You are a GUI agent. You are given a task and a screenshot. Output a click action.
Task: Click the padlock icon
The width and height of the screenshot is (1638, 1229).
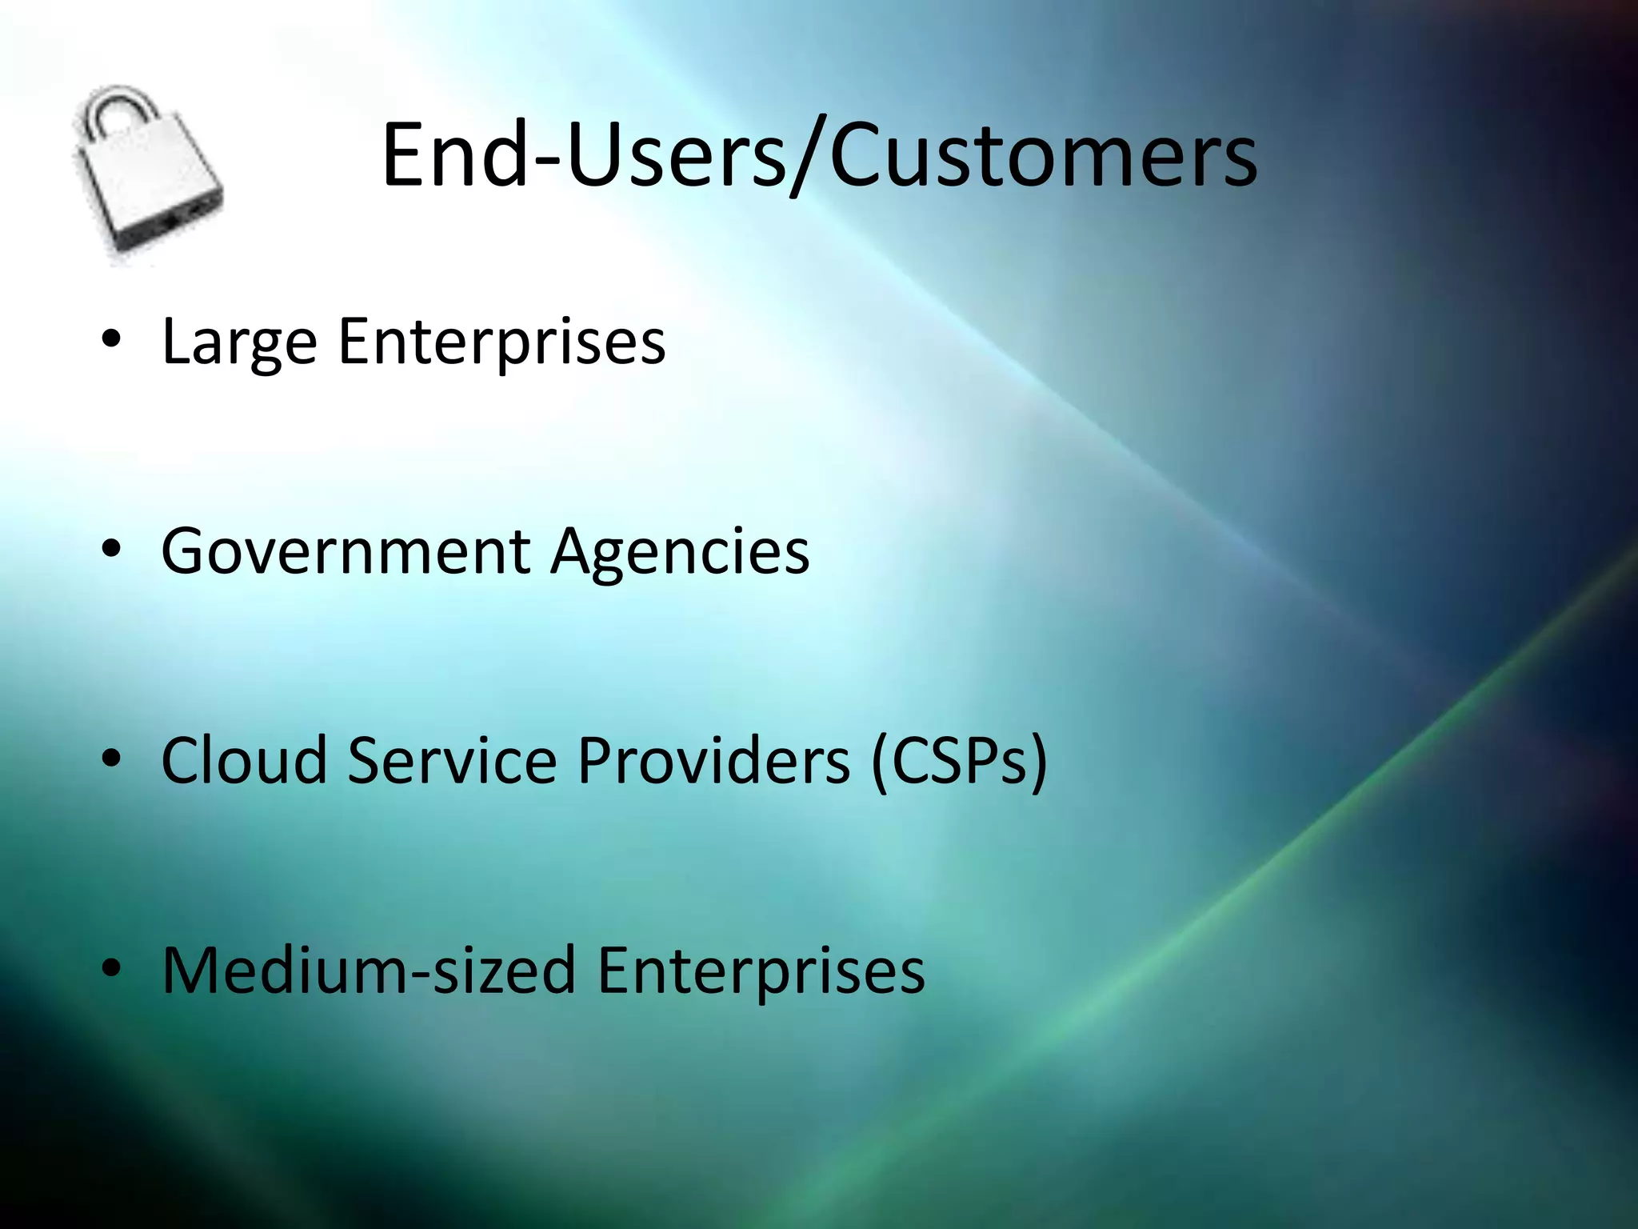pyautogui.click(x=148, y=176)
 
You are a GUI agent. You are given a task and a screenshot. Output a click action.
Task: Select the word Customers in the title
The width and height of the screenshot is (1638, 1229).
pyautogui.click(x=1044, y=155)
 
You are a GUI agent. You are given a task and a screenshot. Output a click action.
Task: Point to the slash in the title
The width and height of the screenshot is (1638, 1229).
pyautogui.click(x=808, y=157)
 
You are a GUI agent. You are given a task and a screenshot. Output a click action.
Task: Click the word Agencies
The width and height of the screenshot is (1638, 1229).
pyautogui.click(x=680, y=552)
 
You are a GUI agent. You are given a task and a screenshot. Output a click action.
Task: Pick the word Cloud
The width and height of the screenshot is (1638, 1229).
pyautogui.click(x=244, y=760)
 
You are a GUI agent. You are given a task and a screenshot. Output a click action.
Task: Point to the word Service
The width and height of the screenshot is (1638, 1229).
pyautogui.click(x=452, y=760)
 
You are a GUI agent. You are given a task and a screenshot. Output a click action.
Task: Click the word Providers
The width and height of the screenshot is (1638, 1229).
pyautogui.click(x=713, y=760)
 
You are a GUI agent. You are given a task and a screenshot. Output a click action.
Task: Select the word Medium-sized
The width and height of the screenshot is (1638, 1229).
pyautogui.click(x=369, y=970)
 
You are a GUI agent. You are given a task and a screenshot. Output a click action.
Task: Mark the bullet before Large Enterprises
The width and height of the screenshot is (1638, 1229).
pyautogui.click(x=111, y=339)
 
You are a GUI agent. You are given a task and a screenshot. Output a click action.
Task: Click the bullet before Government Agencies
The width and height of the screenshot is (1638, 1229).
pyautogui.click(x=111, y=549)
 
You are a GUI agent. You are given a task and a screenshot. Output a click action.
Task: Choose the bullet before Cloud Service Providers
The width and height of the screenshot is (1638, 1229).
pyautogui.click(x=111, y=758)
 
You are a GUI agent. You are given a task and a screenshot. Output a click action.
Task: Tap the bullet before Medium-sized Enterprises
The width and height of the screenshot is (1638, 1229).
pyautogui.click(x=111, y=967)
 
